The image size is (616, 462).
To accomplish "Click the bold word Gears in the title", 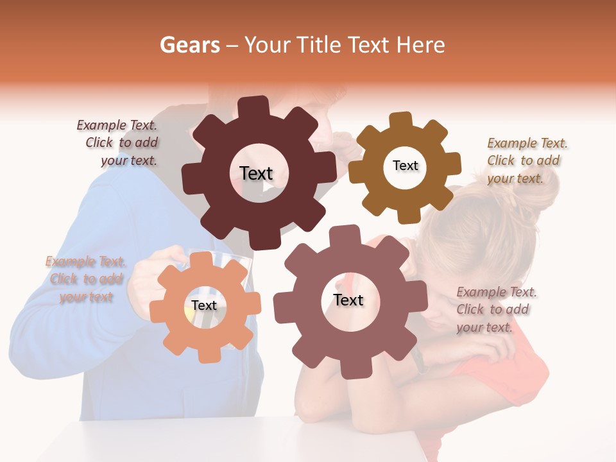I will click(x=189, y=45).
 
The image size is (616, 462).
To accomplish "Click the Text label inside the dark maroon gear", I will click(x=256, y=173).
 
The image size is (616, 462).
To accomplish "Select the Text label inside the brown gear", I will click(x=405, y=166).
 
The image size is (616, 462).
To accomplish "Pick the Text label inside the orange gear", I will click(x=204, y=305).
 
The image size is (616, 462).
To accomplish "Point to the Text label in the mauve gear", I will click(x=348, y=300).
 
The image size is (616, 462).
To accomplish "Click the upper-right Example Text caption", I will click(x=526, y=160).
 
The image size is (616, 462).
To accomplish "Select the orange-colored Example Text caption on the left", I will click(x=85, y=279).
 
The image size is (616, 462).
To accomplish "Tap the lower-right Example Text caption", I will click(x=495, y=309).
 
